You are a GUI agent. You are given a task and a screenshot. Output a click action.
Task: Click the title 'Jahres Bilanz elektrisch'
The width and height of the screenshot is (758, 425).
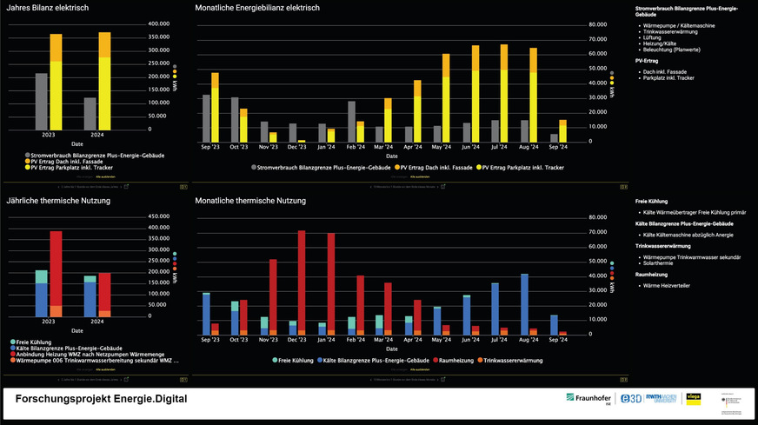coord(47,8)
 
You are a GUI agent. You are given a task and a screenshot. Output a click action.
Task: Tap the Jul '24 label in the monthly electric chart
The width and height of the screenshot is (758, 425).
coord(502,147)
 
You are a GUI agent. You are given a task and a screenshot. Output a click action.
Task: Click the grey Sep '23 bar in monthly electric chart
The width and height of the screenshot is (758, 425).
coord(206,117)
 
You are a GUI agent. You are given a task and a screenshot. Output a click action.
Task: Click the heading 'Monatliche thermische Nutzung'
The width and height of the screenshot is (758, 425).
coord(250,201)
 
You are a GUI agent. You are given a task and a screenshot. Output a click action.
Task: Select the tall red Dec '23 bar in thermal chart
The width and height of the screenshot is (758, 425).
coord(302,278)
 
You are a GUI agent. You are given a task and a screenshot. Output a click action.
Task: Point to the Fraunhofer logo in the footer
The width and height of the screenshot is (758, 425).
coord(588,398)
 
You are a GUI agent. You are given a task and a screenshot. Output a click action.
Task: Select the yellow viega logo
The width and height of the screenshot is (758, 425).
coord(694,398)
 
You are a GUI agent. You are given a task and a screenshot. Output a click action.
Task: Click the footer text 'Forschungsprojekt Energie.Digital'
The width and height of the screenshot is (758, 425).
coord(100,399)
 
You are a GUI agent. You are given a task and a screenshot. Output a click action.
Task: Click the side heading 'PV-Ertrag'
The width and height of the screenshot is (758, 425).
coord(646,62)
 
